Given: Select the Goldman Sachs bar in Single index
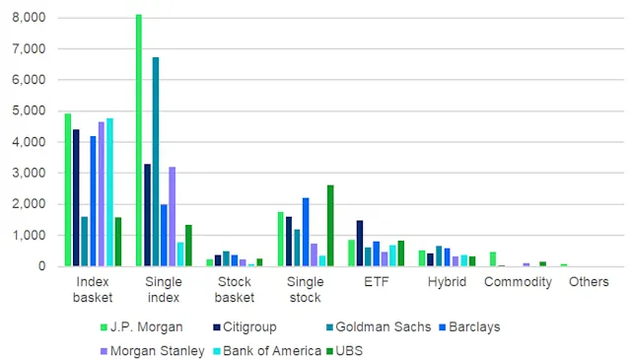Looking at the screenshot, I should coord(156,162).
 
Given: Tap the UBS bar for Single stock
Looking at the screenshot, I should coord(330,226).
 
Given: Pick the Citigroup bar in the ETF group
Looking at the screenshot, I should coord(361,243).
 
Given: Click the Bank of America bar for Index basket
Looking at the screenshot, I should coord(109,192).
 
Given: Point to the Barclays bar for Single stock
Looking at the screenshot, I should coord(306,232).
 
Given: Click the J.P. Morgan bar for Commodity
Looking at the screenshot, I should coord(493,259).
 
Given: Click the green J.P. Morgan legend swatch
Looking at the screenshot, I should coord(104,325).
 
